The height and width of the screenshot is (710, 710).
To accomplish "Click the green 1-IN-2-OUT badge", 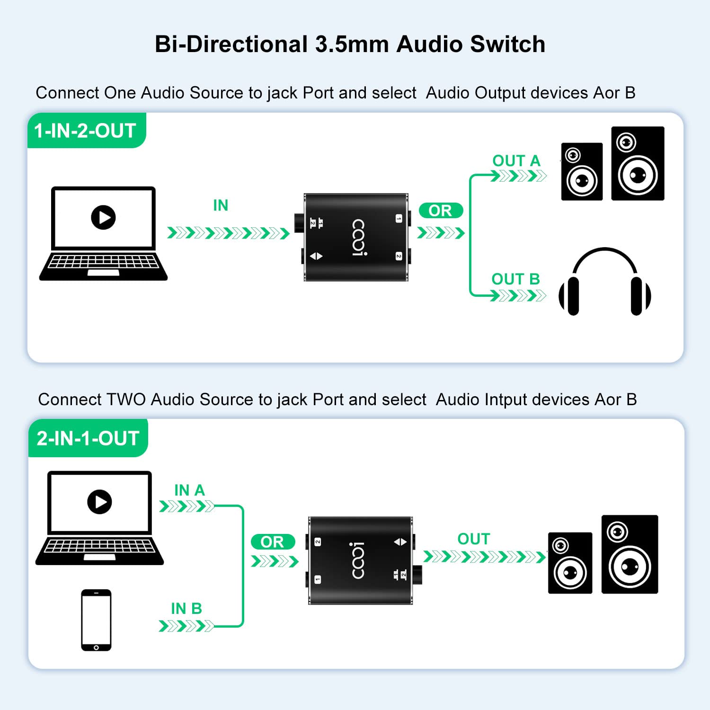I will [x=86, y=131].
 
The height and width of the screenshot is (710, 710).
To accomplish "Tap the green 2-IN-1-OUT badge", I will [x=88, y=438].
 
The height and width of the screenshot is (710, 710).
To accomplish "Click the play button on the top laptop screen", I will [x=103, y=217].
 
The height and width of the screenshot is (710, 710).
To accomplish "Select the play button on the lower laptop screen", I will [x=99, y=502].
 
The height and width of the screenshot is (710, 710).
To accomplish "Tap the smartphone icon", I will [x=96, y=620].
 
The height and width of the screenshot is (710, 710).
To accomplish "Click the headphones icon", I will [x=604, y=282].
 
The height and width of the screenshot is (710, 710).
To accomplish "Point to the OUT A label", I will [x=516, y=161].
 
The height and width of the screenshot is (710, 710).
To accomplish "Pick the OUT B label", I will [x=515, y=279].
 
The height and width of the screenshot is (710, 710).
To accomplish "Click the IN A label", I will [x=189, y=490].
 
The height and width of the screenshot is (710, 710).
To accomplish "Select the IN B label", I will [x=186, y=609].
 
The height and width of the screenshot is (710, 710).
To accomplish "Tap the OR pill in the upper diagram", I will [x=440, y=211].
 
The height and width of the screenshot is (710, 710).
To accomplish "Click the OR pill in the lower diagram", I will [x=272, y=542].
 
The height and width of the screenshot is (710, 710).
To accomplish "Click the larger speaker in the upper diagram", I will [x=638, y=163].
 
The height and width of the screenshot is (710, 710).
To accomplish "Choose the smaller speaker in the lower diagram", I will [x=570, y=563].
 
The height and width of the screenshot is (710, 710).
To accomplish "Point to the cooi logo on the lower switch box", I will [x=358, y=561].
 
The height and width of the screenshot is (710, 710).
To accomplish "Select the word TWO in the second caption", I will [x=126, y=399].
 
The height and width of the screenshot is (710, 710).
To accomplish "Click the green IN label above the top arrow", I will [x=221, y=205].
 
